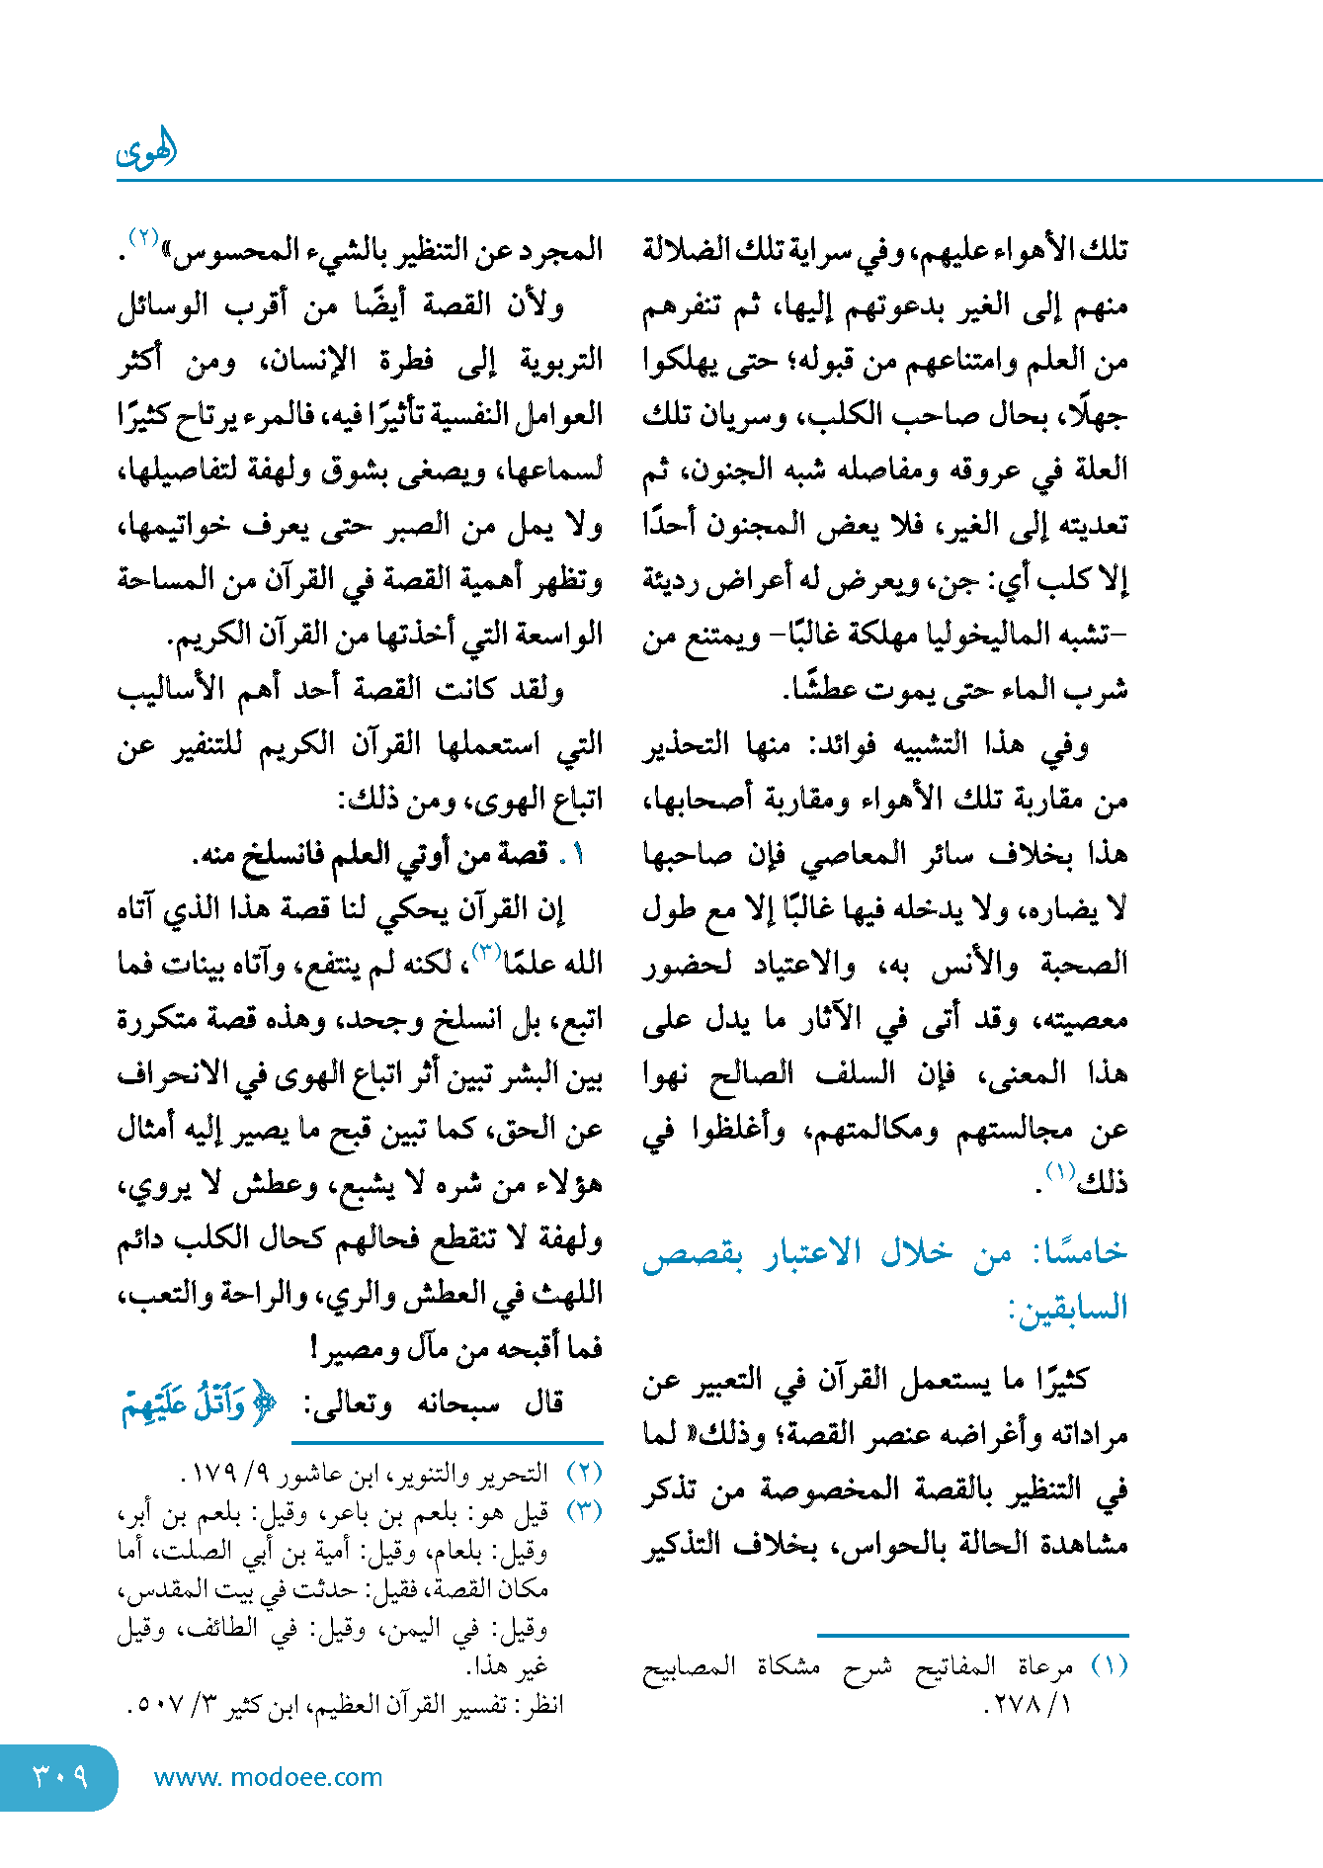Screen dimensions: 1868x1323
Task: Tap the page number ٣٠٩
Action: [61, 1776]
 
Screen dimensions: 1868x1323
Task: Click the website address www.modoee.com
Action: [268, 1777]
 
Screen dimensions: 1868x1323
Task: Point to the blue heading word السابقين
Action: [1068, 1309]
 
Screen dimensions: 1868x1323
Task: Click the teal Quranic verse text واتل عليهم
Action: [198, 1403]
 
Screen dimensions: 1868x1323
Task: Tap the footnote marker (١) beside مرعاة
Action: [1109, 1666]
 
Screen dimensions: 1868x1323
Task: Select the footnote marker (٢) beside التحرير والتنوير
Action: [583, 1473]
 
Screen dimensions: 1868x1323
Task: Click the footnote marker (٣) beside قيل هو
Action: [583, 1511]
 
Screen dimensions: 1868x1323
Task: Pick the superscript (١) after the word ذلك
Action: [1060, 1173]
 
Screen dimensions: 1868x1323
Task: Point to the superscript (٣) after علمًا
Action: [487, 952]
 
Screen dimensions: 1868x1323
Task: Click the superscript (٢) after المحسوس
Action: [144, 238]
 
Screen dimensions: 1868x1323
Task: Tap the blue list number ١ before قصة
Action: [578, 855]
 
